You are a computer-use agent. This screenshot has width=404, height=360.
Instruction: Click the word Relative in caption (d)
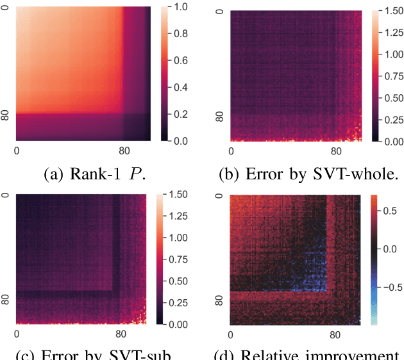coord(276,354)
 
